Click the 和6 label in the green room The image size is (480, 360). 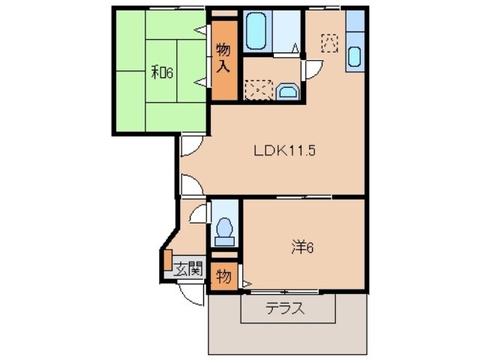click(x=163, y=73)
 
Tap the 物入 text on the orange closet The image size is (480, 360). click(x=223, y=58)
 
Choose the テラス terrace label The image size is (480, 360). click(x=286, y=308)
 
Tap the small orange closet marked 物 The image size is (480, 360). click(x=223, y=274)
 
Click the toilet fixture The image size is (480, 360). click(x=223, y=230)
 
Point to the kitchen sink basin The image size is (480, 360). click(x=355, y=56)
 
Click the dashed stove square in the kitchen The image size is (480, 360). click(x=328, y=43)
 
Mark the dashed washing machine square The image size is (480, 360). click(x=259, y=90)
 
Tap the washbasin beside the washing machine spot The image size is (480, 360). click(x=288, y=92)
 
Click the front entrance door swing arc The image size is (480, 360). click(x=193, y=294)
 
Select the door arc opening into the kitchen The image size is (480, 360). click(x=311, y=69)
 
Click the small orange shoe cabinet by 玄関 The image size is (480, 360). click(x=167, y=259)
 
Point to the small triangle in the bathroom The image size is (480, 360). click(x=296, y=49)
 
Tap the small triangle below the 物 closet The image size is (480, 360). click(x=244, y=284)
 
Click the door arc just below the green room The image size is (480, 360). click(x=188, y=146)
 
